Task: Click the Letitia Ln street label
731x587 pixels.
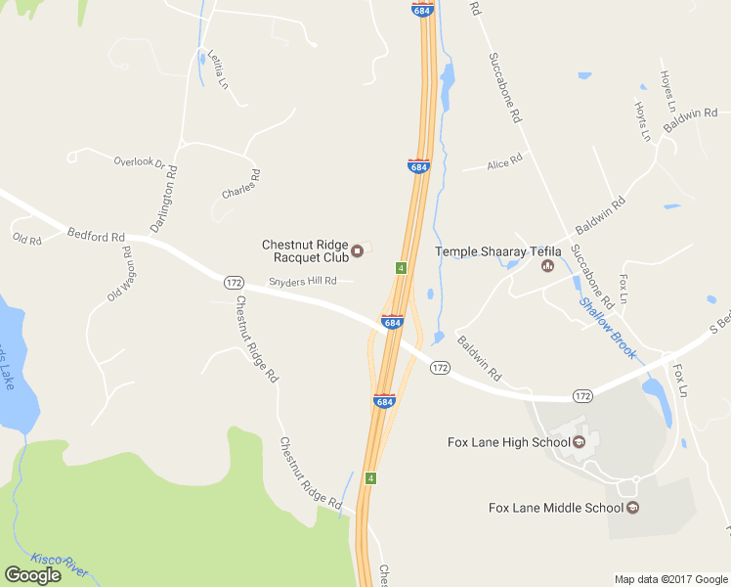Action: pyautogui.click(x=217, y=70)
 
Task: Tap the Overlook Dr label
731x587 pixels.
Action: pyautogui.click(x=139, y=161)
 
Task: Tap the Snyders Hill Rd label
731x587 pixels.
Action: pyautogui.click(x=303, y=281)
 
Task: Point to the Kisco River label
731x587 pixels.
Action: pyautogui.click(x=60, y=562)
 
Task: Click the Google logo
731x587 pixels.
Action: pyautogui.click(x=32, y=575)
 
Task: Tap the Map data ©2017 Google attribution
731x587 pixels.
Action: pyautogui.click(x=670, y=579)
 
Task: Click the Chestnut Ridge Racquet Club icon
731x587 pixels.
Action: pyautogui.click(x=358, y=250)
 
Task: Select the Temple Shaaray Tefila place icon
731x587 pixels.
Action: pyautogui.click(x=547, y=265)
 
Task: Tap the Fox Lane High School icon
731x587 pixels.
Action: pyautogui.click(x=579, y=442)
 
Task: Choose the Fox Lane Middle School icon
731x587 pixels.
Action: pyautogui.click(x=632, y=507)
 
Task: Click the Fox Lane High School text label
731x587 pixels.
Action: pyautogui.click(x=508, y=442)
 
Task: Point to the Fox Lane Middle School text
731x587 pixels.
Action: pyautogui.click(x=555, y=507)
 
